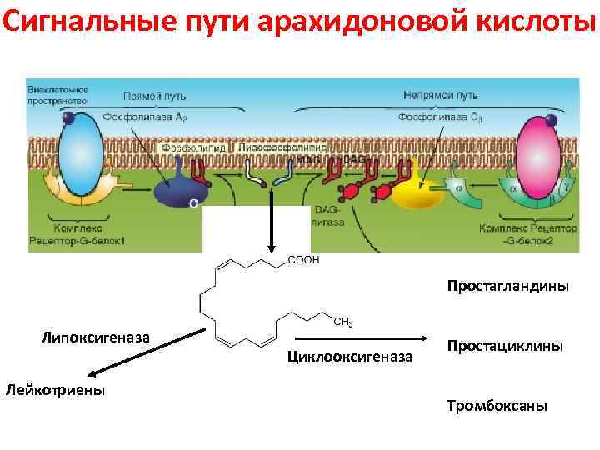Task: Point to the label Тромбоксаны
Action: (x=497, y=406)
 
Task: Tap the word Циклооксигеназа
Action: (x=349, y=357)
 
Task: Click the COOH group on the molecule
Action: (x=303, y=260)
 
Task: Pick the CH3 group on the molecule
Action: (x=342, y=322)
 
